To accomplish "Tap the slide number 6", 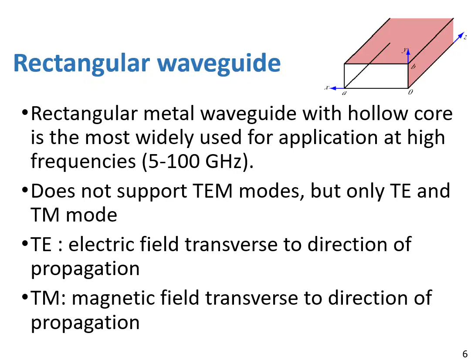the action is tap(465, 353).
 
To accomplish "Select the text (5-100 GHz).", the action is tap(198, 161).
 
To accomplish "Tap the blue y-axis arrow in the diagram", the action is tap(408, 56).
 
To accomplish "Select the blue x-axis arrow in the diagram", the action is tap(337, 88).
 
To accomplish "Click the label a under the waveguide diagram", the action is tap(345, 93).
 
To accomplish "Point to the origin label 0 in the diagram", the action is tap(410, 92).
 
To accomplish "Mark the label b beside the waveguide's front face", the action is tap(413, 67).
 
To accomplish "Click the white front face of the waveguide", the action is tap(376, 76).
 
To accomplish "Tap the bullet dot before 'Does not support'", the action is tap(25, 190).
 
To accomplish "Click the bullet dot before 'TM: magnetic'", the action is tap(25, 297).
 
